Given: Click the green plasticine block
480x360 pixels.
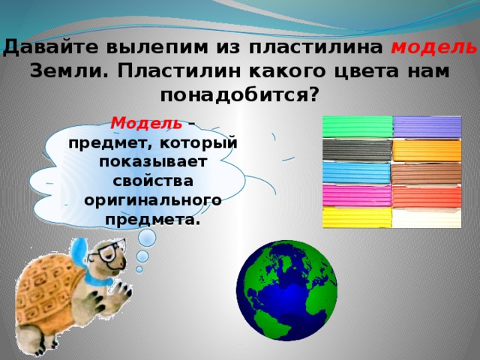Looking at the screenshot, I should [x=357, y=127].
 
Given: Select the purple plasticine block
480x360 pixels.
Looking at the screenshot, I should [x=427, y=127].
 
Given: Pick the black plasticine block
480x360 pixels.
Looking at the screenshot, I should [x=357, y=150].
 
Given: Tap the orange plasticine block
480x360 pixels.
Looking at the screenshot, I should [x=427, y=150].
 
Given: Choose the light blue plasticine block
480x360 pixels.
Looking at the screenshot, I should [x=357, y=173].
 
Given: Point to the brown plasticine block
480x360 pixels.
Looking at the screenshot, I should [x=427, y=173].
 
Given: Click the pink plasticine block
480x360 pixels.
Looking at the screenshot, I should [x=357, y=196].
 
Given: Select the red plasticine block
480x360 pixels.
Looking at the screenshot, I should [x=427, y=196].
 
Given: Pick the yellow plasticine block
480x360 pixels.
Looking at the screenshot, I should [x=357, y=217].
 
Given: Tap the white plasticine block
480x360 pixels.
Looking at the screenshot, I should [x=427, y=217].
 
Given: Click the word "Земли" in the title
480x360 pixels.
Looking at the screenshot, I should [x=67, y=71].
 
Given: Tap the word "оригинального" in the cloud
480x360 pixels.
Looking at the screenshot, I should [x=152, y=201].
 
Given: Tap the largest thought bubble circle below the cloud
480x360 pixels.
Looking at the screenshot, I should [x=148, y=238].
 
